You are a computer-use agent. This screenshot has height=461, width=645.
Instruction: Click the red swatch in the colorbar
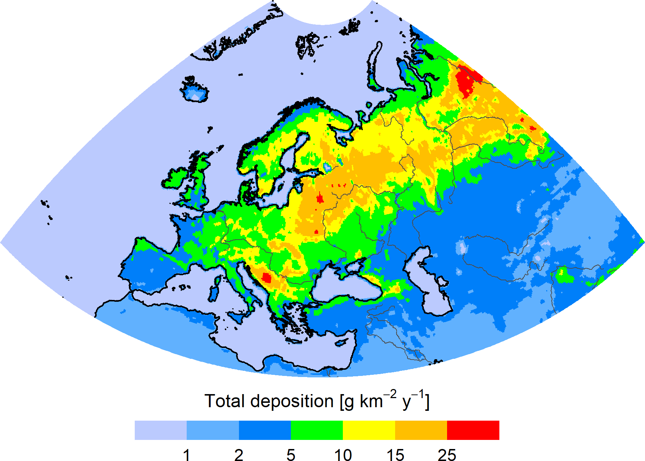pyautogui.click(x=473, y=430)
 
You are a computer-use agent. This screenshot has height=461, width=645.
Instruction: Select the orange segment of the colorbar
pyautogui.click(x=421, y=430)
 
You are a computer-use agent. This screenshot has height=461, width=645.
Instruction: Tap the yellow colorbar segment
pyautogui.click(x=369, y=430)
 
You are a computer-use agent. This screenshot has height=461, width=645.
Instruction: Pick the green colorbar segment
pyautogui.click(x=317, y=430)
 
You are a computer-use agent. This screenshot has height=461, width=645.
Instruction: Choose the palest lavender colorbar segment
pyautogui.click(x=161, y=430)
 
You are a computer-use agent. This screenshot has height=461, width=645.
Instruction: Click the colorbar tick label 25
pyautogui.click(x=447, y=455)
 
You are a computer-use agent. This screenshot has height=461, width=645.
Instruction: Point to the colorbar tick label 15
pyautogui.click(x=395, y=455)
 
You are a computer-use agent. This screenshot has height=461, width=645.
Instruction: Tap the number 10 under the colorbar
pyautogui.click(x=343, y=455)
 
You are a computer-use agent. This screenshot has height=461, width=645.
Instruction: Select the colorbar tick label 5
pyautogui.click(x=291, y=455)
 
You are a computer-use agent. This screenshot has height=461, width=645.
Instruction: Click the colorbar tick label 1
pyautogui.click(x=187, y=455)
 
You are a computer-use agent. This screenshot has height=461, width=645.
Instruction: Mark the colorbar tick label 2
pyautogui.click(x=239, y=455)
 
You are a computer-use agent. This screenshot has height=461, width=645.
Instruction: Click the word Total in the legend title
pyautogui.click(x=224, y=401)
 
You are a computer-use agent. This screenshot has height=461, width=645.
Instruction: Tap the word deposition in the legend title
pyautogui.click(x=292, y=401)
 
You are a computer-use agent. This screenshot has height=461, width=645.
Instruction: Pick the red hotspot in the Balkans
pyautogui.click(x=267, y=278)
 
